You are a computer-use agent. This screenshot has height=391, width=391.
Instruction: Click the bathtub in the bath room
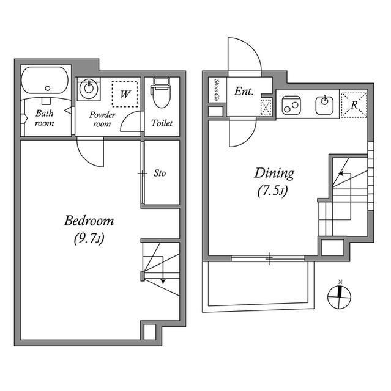pos(45,80)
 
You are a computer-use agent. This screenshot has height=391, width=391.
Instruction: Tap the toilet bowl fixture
pos(161,92)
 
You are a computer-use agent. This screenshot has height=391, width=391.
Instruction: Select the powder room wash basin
pos(88,89)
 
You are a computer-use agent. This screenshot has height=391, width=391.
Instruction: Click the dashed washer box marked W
pos(125,93)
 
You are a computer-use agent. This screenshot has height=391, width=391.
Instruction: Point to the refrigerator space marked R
pos(354,104)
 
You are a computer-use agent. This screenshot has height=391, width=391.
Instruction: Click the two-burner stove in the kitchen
pos(291,105)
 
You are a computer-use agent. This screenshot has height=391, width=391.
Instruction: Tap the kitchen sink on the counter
pos(324,104)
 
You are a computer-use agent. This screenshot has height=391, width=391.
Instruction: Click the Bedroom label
pos(89,221)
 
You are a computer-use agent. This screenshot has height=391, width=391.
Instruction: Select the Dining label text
pos(274,174)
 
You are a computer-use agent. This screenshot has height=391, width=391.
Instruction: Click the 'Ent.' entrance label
pos(244,92)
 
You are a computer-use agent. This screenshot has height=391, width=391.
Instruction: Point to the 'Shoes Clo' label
pos(216,90)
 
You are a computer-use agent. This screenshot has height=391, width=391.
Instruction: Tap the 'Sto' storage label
pos(160,173)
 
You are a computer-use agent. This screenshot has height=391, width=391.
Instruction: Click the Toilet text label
pos(162,123)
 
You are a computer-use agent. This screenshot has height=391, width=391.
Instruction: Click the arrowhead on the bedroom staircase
pos(163,281)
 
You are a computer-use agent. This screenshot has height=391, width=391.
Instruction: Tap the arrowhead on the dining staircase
pos(341,174)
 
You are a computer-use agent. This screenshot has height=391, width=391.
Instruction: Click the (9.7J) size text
pos(89,239)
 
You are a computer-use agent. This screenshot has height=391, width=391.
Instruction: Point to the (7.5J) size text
pos(273,191)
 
